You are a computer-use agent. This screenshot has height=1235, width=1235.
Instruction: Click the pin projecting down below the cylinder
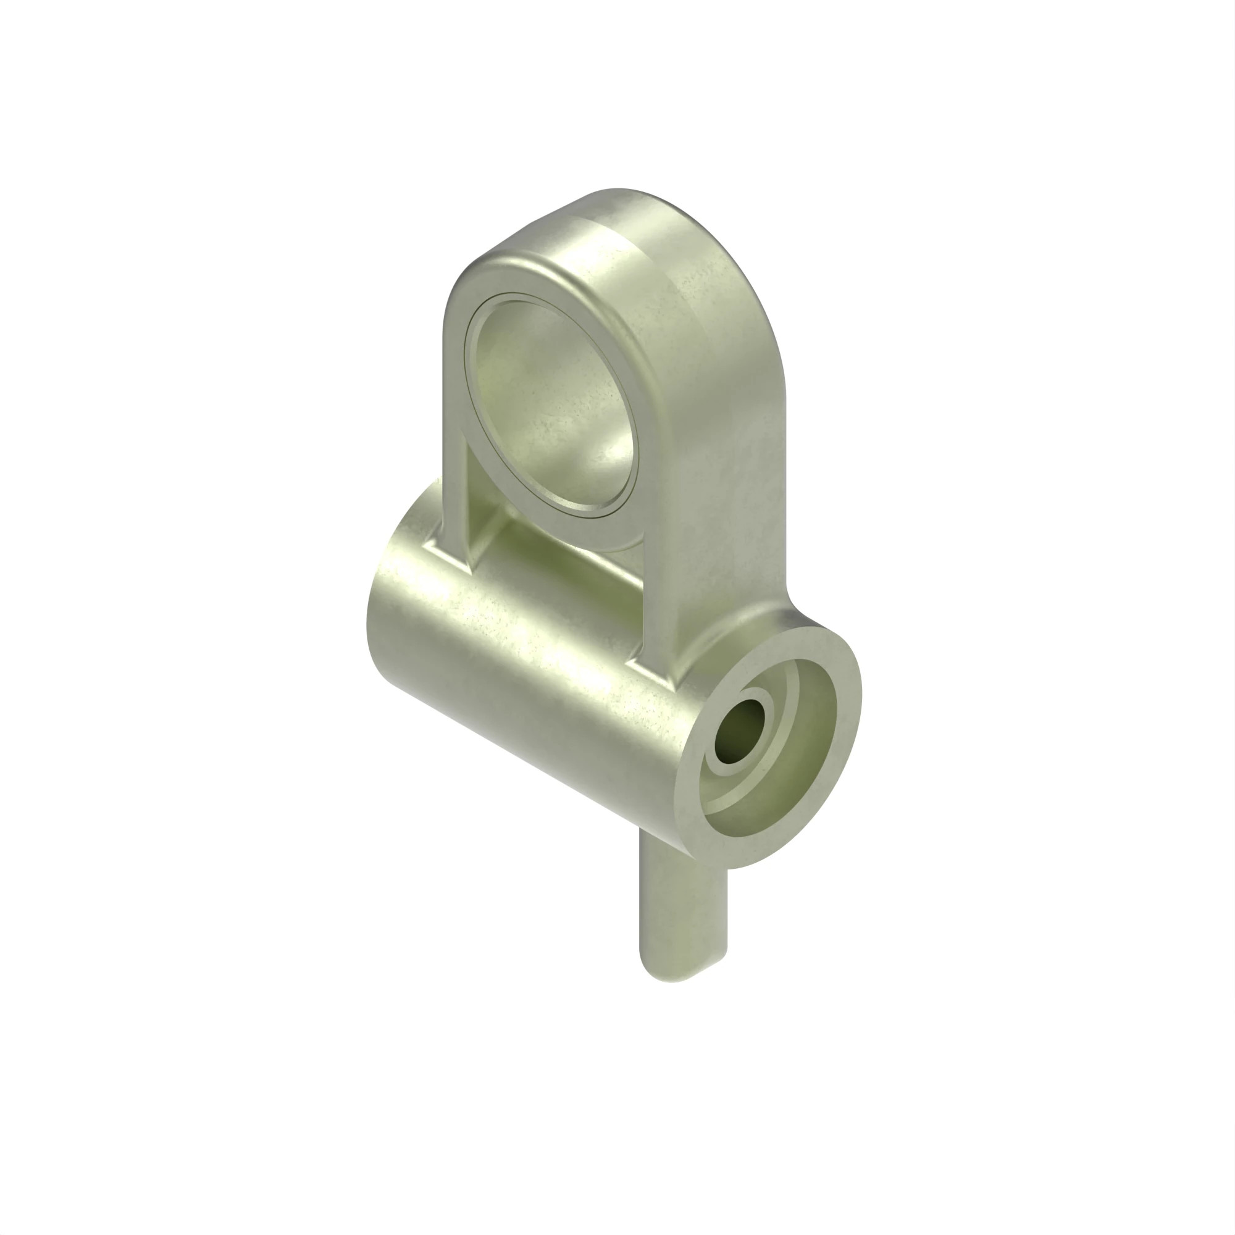[683, 908]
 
